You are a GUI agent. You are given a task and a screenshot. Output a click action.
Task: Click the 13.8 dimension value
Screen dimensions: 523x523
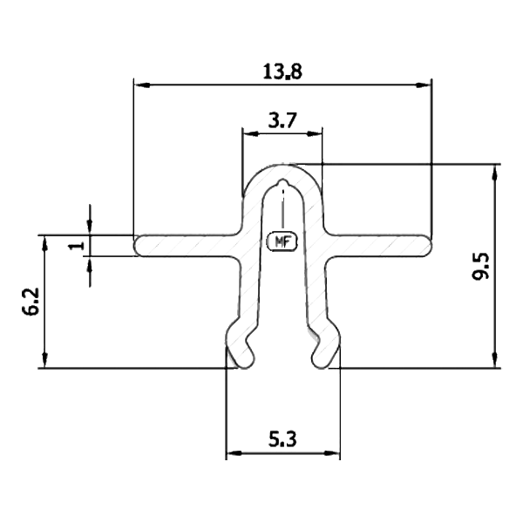(282, 71)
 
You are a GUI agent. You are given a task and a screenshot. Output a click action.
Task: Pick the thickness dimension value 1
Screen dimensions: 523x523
(77, 245)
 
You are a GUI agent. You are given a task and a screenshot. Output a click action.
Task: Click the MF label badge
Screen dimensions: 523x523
(282, 241)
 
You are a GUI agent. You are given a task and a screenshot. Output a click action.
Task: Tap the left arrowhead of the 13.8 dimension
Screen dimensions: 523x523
(139, 85)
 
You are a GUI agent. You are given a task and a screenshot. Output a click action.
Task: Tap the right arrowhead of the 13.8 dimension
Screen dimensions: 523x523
(425, 85)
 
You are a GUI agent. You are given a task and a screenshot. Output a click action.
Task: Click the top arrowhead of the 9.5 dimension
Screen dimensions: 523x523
(496, 170)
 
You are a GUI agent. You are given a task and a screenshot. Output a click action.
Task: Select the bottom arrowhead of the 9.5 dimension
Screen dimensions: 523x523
(496, 361)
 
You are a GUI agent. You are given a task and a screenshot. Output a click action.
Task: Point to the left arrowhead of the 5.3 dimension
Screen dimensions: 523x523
(233, 454)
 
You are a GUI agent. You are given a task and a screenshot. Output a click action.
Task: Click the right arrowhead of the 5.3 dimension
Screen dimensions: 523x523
(334, 454)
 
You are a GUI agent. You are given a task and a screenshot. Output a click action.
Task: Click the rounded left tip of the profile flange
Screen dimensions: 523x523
(138, 245)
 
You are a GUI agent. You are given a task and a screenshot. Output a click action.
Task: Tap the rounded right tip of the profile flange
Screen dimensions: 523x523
(427, 245)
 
